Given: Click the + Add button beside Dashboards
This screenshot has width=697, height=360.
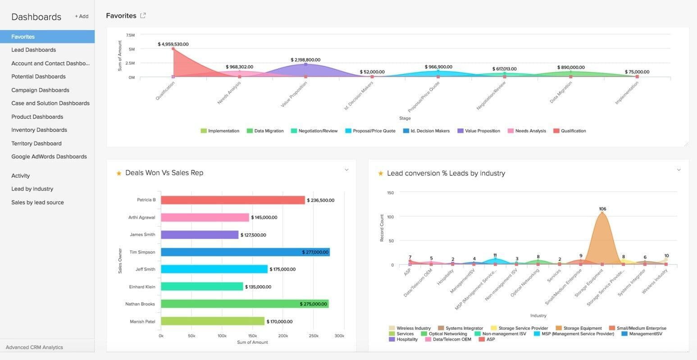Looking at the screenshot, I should tap(82, 16).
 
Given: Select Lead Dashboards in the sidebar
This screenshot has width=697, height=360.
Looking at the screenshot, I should tap(34, 50).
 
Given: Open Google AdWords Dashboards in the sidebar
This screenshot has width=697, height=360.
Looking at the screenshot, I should tap(49, 157).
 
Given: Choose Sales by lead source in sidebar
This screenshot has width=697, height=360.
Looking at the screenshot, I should tap(37, 202).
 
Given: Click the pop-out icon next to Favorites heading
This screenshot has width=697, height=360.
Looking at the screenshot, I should tap(143, 16).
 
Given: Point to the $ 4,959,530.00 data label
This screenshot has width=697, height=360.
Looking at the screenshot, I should tap(173, 44).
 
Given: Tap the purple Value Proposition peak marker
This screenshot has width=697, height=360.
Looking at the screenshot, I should tap(305, 64).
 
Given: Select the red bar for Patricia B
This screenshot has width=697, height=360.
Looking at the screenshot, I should tap(232, 200).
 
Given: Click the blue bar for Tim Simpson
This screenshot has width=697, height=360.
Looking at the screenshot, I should tap(245, 252).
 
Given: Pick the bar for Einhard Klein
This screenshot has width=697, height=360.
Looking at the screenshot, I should tap(201, 287).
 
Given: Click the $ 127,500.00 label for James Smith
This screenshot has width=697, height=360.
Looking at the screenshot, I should tap(253, 235).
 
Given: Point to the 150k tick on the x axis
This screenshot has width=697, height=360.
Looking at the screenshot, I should tap(252, 336).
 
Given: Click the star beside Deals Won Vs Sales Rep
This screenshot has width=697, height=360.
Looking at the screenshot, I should tap(119, 173).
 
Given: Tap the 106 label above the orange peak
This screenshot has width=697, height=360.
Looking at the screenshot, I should tap(602, 209).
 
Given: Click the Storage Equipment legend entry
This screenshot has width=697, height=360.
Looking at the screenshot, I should tap(582, 328).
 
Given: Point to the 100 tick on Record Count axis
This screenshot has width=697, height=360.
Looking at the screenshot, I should tap(390, 217).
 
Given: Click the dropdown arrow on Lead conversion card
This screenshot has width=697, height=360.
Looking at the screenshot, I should tap(679, 170).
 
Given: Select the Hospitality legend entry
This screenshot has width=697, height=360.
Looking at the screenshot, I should tap(407, 339).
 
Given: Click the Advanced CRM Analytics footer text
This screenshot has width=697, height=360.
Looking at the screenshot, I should tap(34, 347).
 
